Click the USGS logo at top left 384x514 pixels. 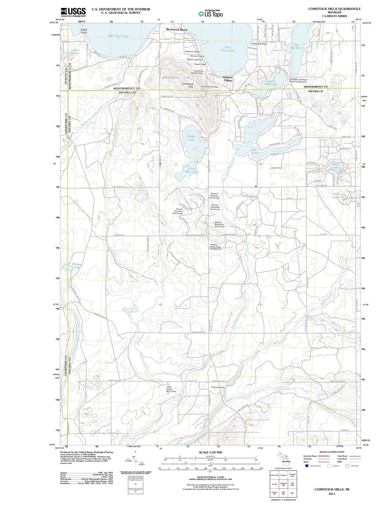(73, 12)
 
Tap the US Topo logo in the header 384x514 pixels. (210, 14)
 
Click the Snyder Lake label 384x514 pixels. (191, 138)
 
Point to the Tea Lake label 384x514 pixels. (254, 151)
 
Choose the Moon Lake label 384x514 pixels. (336, 166)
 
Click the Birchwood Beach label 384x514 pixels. (177, 30)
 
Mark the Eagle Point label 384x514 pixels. (84, 31)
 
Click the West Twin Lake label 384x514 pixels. (118, 36)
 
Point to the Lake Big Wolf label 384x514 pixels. (296, 46)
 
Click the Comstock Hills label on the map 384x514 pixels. (188, 85)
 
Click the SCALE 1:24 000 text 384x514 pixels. (210, 452)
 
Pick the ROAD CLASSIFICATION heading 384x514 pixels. (332, 452)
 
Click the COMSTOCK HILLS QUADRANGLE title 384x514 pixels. (334, 9)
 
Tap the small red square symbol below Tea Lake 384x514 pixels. (256, 186)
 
